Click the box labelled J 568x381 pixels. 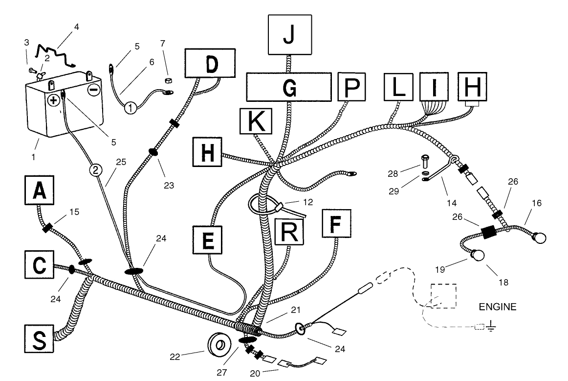pyautogui.click(x=290, y=35)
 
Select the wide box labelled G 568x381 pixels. pyautogui.click(x=289, y=87)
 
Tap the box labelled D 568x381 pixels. pyautogui.click(x=210, y=63)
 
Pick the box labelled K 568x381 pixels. pyautogui.click(x=256, y=121)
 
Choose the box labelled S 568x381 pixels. pyautogui.click(x=39, y=339)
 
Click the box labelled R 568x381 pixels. pyautogui.click(x=289, y=232)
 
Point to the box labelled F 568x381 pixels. pyautogui.click(x=336, y=223)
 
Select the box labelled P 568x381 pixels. pyautogui.click(x=351, y=87)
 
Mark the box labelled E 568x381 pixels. pyautogui.click(x=208, y=240)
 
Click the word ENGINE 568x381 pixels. pyautogui.click(x=497, y=307)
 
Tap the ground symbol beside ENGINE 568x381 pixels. pyautogui.click(x=491, y=326)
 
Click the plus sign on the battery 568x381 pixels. pyautogui.click(x=53, y=100)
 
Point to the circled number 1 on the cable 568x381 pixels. pyautogui.click(x=131, y=108)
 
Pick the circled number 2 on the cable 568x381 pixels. pyautogui.click(x=96, y=170)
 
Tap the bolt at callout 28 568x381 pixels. pyautogui.click(x=425, y=161)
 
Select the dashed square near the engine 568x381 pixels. pyautogui.click(x=443, y=296)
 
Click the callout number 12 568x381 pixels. pyautogui.click(x=308, y=202)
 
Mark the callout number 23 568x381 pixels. pyautogui.click(x=169, y=186)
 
